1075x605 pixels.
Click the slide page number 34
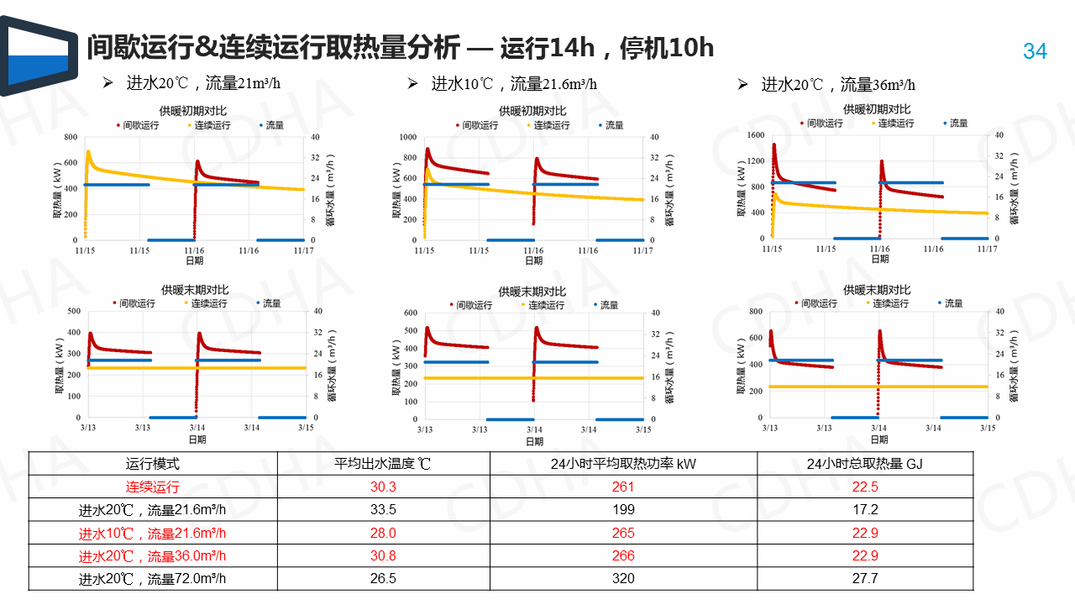point(1035,51)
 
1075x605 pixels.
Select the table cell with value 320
point(623,578)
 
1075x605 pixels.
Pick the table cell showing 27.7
point(864,578)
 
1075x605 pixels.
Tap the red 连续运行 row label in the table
point(153,487)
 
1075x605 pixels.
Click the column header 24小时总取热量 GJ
point(864,463)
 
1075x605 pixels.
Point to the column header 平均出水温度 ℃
point(383,463)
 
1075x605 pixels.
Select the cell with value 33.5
point(383,509)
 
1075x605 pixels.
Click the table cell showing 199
point(623,509)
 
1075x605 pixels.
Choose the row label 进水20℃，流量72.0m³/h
point(153,578)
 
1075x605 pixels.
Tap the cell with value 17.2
point(864,509)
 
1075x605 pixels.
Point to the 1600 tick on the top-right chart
point(754,134)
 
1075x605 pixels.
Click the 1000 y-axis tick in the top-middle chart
point(407,137)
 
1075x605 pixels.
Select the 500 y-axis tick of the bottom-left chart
point(73,311)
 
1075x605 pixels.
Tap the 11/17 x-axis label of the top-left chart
point(304,250)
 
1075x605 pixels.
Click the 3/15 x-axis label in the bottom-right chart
point(988,427)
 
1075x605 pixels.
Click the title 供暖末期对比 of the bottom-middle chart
point(532,291)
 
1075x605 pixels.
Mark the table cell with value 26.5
point(383,578)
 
